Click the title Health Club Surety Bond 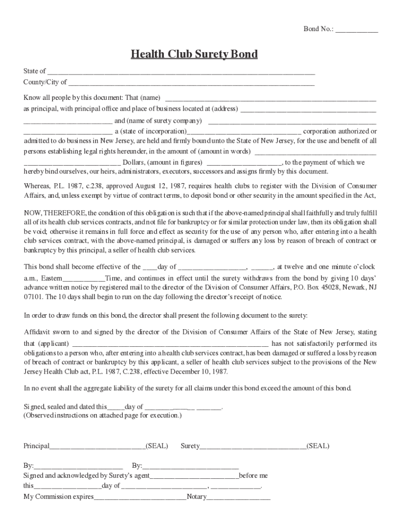click(x=194, y=54)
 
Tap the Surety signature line click(x=253, y=446)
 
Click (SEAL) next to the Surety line click(x=318, y=446)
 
